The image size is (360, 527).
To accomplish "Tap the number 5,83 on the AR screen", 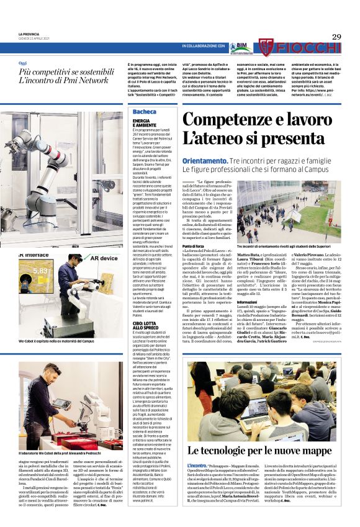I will (x=41, y=271).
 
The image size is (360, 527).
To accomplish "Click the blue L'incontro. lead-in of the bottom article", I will (x=197, y=463).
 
